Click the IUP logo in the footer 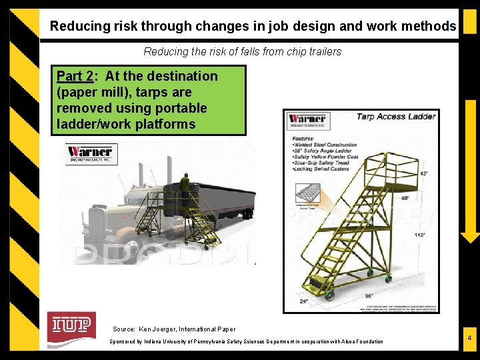[x=71, y=325]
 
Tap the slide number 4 [x=469, y=339]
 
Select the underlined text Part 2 [x=74, y=77]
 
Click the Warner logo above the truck [x=90, y=153]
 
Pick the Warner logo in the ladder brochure [x=307, y=122]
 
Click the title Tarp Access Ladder [x=395, y=117]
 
